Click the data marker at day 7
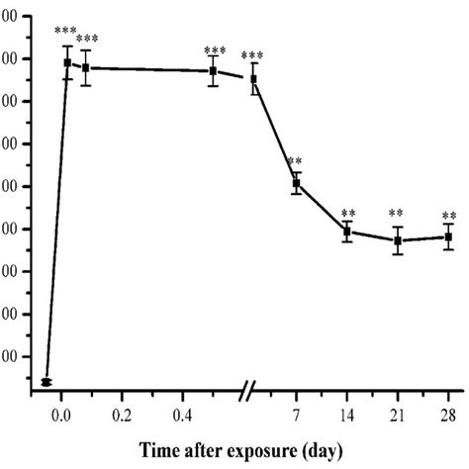296,183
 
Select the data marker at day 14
346,232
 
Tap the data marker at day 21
397,240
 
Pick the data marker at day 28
448,236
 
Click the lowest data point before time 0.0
47,382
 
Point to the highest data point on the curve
67,62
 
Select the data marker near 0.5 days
214,71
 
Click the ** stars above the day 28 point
449,217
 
